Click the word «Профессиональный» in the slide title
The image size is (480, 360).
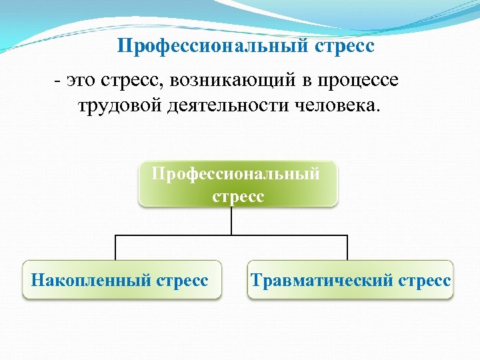click(x=213, y=47)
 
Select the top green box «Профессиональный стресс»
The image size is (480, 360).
click(x=237, y=184)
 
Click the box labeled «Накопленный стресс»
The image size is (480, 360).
click(x=121, y=280)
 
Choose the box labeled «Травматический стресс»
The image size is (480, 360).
click(x=351, y=280)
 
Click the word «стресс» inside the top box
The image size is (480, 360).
click(x=238, y=197)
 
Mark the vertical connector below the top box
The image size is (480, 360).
click(x=231, y=221)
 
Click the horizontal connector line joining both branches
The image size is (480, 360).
click(x=173, y=235)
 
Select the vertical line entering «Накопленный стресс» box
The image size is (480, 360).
click(x=115, y=247)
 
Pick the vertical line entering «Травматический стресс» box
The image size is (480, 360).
click(x=347, y=247)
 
